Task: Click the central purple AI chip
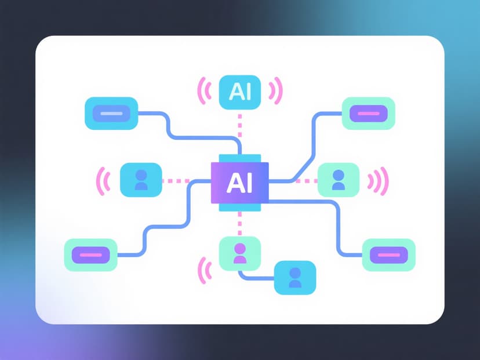point(240,182)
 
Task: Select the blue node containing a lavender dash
point(111,113)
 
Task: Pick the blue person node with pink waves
point(140,180)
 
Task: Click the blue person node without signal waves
point(295,278)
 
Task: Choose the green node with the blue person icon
point(339,180)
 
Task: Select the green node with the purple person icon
point(240,254)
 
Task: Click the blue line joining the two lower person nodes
point(255,277)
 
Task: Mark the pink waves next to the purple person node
point(203,269)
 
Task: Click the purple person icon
point(240,253)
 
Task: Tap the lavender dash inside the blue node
point(111,113)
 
